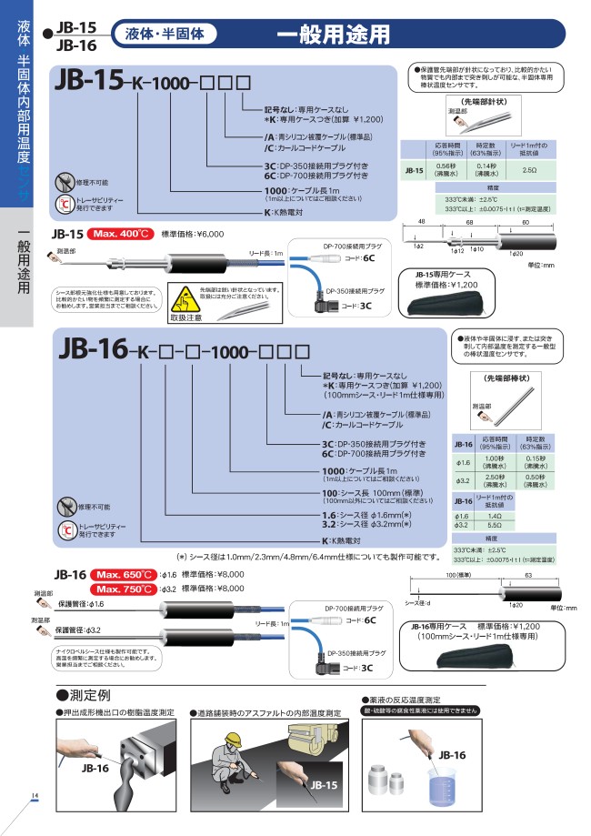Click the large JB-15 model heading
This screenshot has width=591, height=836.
click(88, 82)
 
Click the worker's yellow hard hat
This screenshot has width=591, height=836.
click(234, 735)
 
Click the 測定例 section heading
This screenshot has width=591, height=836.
click(95, 696)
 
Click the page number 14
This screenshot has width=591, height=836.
click(34, 797)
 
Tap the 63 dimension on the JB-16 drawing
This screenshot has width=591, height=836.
click(528, 576)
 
